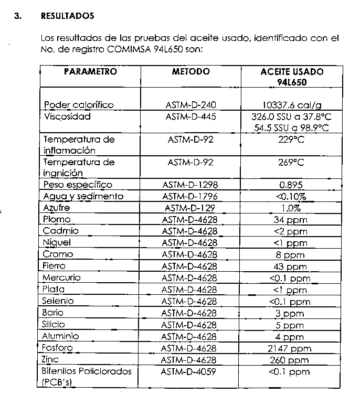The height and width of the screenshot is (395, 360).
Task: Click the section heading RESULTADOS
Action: [67, 16]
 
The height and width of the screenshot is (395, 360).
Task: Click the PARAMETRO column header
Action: [90, 72]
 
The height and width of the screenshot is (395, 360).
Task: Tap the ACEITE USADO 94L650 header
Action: [292, 77]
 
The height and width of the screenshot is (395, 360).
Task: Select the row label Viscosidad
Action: [67, 116]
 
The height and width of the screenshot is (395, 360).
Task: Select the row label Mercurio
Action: [62, 277]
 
